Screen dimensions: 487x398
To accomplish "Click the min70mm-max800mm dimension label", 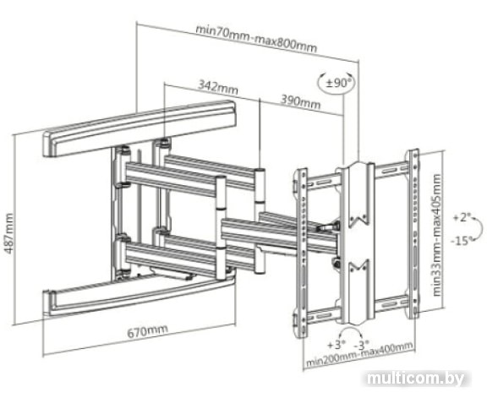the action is point(256,39).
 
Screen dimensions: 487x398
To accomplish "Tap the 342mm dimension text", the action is point(218,87).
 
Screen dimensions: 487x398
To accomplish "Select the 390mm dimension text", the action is point(300,101).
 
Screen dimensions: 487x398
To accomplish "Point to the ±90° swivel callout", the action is point(337,83).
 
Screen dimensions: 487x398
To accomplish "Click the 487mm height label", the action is point(8,233).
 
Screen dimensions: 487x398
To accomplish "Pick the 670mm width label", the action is point(148,330).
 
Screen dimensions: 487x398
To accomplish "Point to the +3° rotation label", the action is point(337,344).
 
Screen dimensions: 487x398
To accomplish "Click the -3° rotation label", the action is point(362,344).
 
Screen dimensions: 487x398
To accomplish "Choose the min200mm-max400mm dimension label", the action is point(359,354).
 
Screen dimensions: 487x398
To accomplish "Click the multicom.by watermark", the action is point(416,379).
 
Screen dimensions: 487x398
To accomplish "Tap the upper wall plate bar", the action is point(140,128).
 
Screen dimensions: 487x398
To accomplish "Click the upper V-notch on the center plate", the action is point(358,218).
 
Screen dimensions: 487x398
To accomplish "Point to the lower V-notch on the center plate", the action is point(358,265).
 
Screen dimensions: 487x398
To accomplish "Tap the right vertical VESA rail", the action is point(413,234).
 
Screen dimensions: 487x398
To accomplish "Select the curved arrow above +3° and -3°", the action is point(351,331).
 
